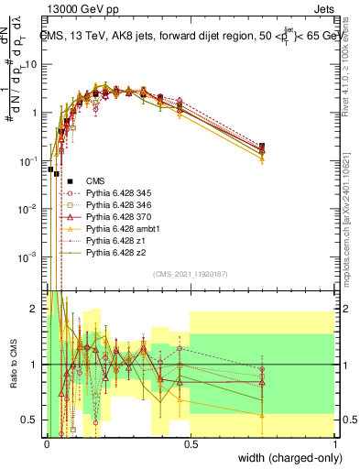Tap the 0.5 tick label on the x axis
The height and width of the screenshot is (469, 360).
click(x=191, y=442)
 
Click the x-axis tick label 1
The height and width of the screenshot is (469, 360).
click(x=335, y=442)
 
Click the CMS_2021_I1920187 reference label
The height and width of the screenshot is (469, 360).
click(x=191, y=273)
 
